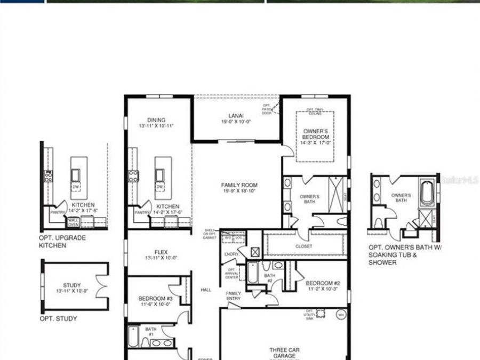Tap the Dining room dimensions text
pyautogui.click(x=156, y=126)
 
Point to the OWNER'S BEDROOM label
pyautogui.click(x=316, y=134)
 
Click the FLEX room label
pyautogui.click(x=161, y=252)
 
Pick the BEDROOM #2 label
pyautogui.click(x=319, y=283)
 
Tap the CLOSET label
pyautogui.click(x=304, y=246)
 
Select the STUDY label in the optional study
pyautogui.click(x=71, y=285)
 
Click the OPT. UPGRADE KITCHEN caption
pyautogui.click(x=62, y=242)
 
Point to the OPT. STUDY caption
pyautogui.click(x=58, y=319)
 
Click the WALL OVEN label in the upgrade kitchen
pyautogui.click(x=73, y=222)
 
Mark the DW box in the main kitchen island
pyautogui.click(x=159, y=187)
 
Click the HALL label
pyautogui.click(x=206, y=290)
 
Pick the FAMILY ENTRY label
pyautogui.click(x=233, y=296)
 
